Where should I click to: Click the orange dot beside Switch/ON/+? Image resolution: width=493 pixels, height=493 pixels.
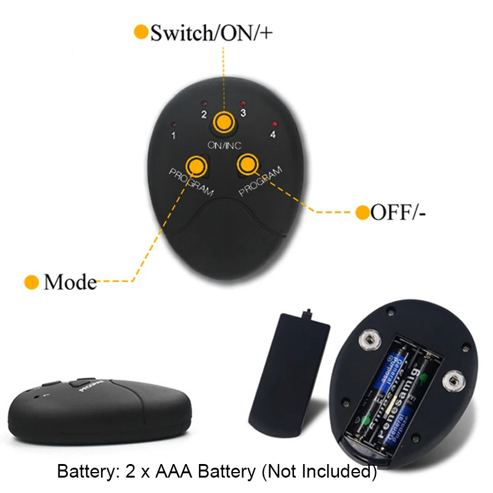click(141, 32)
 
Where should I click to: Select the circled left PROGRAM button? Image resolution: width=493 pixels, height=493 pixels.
click(197, 165)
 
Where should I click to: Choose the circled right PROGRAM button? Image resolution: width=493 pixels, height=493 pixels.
click(247, 163)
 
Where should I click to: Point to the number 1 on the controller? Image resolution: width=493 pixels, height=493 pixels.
click(174, 135)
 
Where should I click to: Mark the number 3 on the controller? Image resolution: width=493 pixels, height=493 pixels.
click(243, 113)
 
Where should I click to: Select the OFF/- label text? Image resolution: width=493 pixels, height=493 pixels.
click(398, 213)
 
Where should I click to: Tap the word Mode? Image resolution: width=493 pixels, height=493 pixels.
click(70, 282)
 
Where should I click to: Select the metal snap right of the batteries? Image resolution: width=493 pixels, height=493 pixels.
click(455, 377)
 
